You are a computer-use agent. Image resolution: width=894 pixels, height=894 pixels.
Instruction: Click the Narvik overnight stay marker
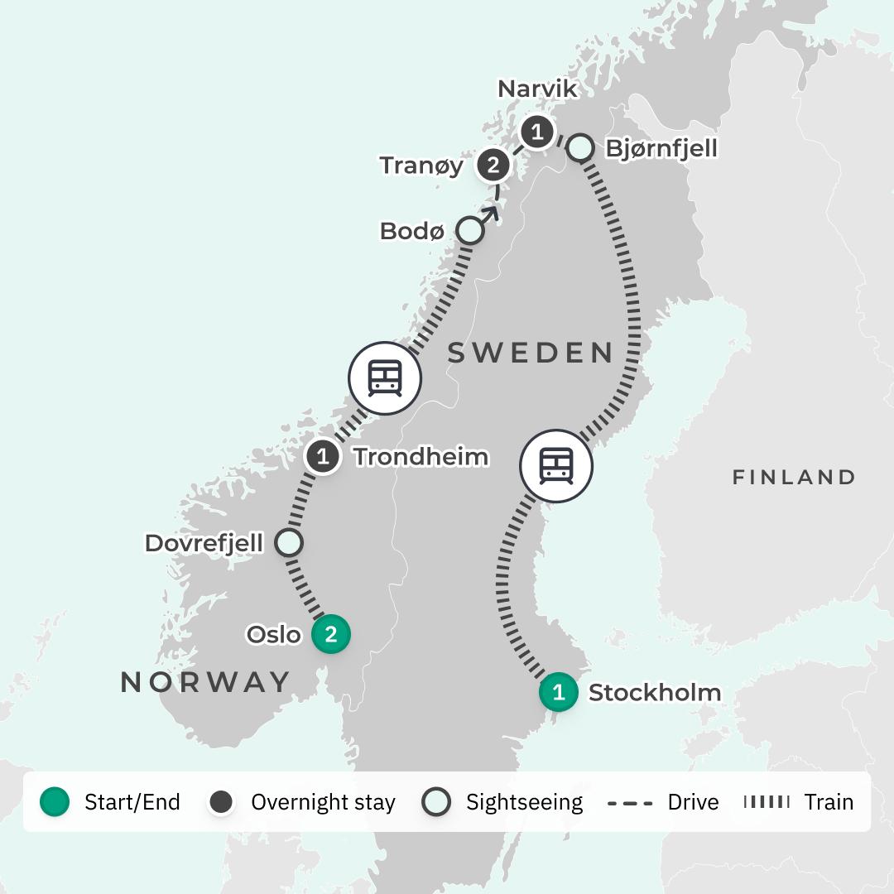536,132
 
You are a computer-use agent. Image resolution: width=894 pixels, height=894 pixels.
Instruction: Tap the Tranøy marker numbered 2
493,166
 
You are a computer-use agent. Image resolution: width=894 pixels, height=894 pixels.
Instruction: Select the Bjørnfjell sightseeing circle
581,147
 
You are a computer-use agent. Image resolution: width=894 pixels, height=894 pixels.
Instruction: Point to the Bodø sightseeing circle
469,231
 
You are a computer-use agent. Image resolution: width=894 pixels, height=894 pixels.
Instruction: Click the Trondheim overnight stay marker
323,456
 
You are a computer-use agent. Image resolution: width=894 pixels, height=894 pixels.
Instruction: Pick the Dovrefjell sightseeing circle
288,543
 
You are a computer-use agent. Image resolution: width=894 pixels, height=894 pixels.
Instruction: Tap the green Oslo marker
331,635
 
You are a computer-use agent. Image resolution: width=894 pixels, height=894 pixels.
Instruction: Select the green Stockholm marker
559,692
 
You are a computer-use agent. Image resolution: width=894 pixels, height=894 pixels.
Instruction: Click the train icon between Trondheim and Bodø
385,378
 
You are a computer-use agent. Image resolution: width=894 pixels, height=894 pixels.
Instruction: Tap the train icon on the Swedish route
555,466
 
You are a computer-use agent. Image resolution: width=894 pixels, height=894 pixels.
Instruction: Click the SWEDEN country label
530,353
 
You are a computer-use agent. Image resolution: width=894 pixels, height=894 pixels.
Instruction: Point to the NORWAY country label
205,682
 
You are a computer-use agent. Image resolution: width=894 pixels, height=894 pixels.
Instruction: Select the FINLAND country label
793,478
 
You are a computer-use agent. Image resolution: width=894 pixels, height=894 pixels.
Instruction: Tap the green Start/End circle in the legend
55,801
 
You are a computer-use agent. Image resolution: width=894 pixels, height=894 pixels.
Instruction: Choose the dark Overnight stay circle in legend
221,801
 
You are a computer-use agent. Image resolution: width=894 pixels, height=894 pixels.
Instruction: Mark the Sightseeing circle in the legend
436,801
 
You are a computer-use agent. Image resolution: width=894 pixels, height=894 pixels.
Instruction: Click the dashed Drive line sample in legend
629,801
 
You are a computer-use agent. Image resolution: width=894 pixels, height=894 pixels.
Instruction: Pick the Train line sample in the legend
766,801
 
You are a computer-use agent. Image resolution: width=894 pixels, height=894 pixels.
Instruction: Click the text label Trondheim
421,456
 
